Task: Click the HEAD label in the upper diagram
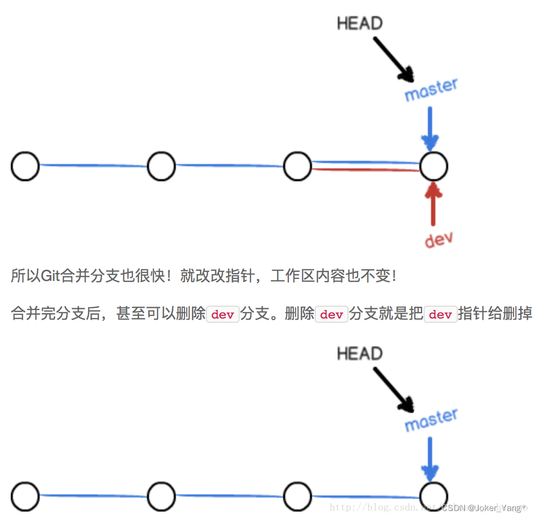360,24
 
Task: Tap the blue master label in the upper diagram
431,90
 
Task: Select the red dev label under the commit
439,239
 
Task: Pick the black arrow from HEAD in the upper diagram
392,58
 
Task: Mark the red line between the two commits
365,169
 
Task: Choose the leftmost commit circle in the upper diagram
25,166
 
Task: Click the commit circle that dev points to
433,166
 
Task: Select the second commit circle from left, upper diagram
161,166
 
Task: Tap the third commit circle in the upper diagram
298,166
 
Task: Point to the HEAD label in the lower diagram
360,354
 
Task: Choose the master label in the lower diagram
431,420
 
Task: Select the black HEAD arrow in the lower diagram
392,389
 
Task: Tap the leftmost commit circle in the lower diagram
25,497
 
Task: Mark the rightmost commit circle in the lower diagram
433,497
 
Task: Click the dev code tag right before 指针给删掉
440,315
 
